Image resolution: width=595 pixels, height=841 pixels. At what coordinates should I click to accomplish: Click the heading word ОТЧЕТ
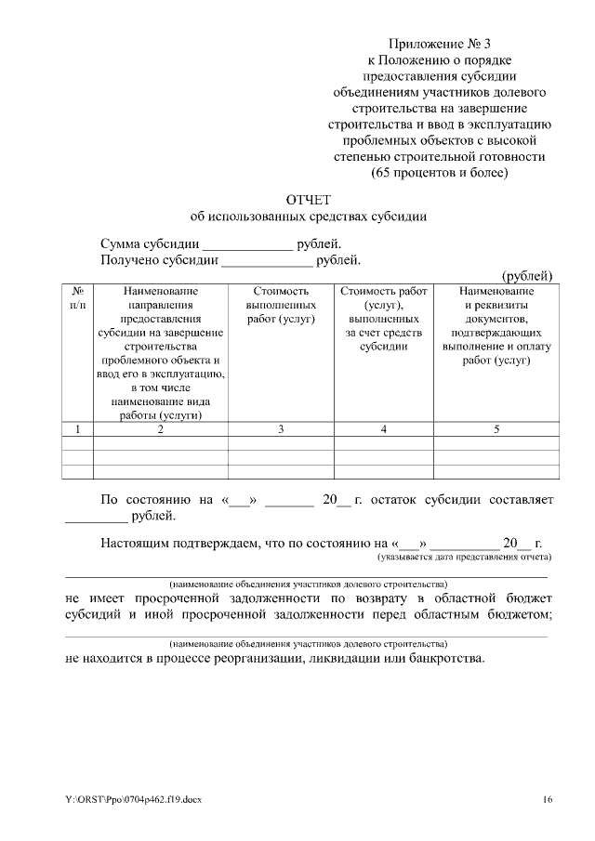[308, 200]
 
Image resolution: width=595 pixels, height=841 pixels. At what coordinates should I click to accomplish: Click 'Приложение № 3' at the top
[442, 44]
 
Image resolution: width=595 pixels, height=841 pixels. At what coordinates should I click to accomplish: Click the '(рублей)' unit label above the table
[527, 275]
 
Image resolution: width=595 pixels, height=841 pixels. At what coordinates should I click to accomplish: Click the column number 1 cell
[77, 428]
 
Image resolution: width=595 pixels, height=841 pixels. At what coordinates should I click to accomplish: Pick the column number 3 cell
[281, 428]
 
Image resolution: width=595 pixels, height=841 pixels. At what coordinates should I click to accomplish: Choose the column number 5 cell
[496, 428]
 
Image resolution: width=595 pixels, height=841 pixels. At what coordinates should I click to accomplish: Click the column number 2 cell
[161, 428]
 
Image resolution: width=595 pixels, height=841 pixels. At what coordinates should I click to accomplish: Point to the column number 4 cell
[383, 428]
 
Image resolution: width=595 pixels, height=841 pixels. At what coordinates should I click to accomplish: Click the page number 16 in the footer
[548, 799]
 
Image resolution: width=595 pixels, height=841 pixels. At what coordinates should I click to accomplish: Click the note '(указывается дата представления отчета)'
[464, 557]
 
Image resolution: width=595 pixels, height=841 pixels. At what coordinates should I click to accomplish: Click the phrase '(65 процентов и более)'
[442, 172]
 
